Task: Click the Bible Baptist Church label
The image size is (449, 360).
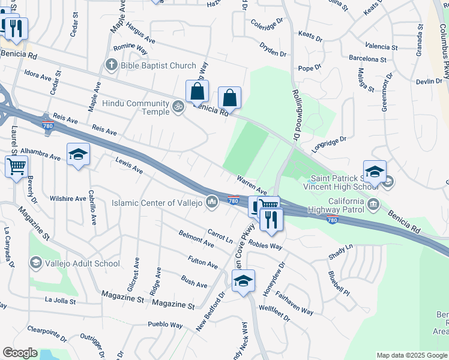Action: [x=158, y=65]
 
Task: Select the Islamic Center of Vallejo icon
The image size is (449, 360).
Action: [x=211, y=203]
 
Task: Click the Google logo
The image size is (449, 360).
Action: [x=20, y=353]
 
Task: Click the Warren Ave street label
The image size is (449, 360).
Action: [x=252, y=185]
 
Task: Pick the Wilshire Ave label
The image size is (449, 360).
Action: [x=68, y=199]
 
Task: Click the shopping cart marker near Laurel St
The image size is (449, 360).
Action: [x=16, y=166]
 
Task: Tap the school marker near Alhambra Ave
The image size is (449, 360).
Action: [x=78, y=155]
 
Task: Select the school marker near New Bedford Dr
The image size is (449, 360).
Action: [x=243, y=281]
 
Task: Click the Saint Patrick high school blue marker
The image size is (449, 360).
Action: [x=375, y=172]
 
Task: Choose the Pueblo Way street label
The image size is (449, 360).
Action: [x=165, y=325]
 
